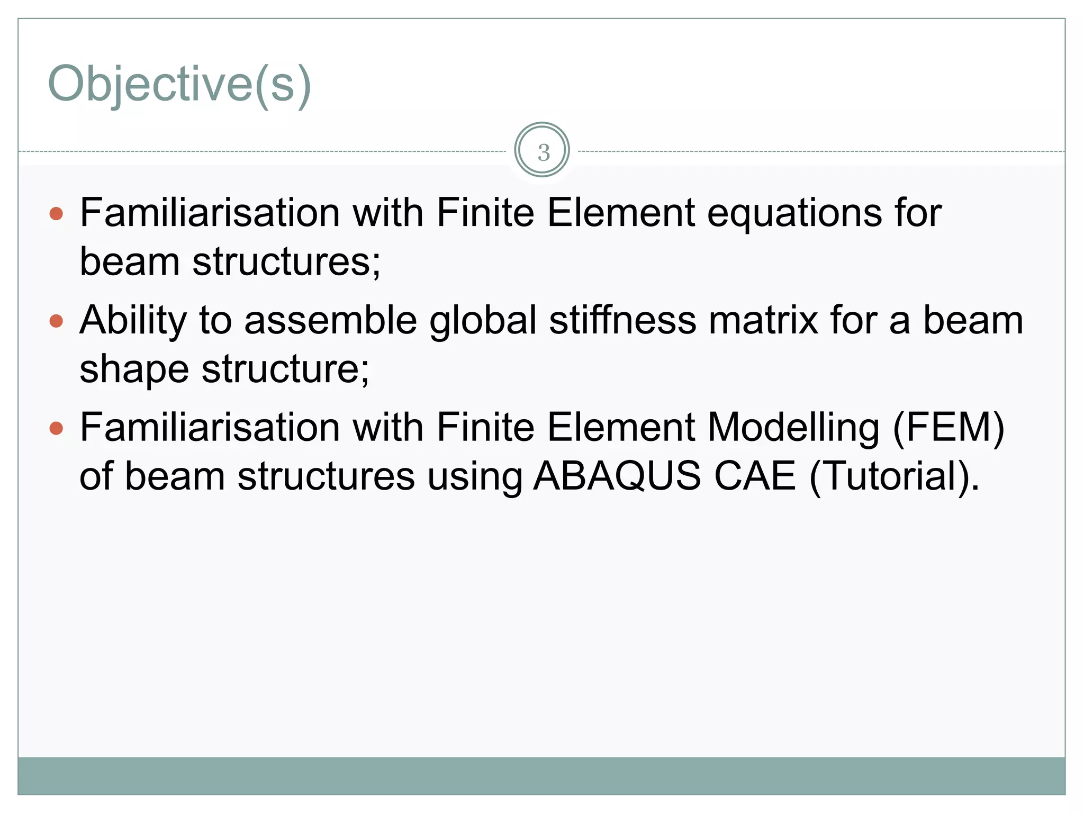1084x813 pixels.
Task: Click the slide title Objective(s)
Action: (179, 84)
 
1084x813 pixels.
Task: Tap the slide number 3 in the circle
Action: (543, 152)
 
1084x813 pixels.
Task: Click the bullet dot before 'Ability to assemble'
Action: (56, 321)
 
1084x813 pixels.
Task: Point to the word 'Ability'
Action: (133, 321)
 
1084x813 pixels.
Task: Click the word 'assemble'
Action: (330, 321)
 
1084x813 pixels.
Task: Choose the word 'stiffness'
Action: (622, 321)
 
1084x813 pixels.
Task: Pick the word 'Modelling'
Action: (793, 428)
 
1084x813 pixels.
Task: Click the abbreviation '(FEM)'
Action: (948, 428)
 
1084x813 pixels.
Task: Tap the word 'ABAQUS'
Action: (617, 476)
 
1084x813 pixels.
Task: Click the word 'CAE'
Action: (755, 476)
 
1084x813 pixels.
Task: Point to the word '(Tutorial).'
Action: (895, 476)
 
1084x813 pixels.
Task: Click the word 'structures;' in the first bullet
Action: (286, 262)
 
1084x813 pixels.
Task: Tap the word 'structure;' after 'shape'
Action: (286, 369)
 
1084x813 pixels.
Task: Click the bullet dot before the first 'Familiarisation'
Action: (56, 214)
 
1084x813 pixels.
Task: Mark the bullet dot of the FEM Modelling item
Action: (56, 428)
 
